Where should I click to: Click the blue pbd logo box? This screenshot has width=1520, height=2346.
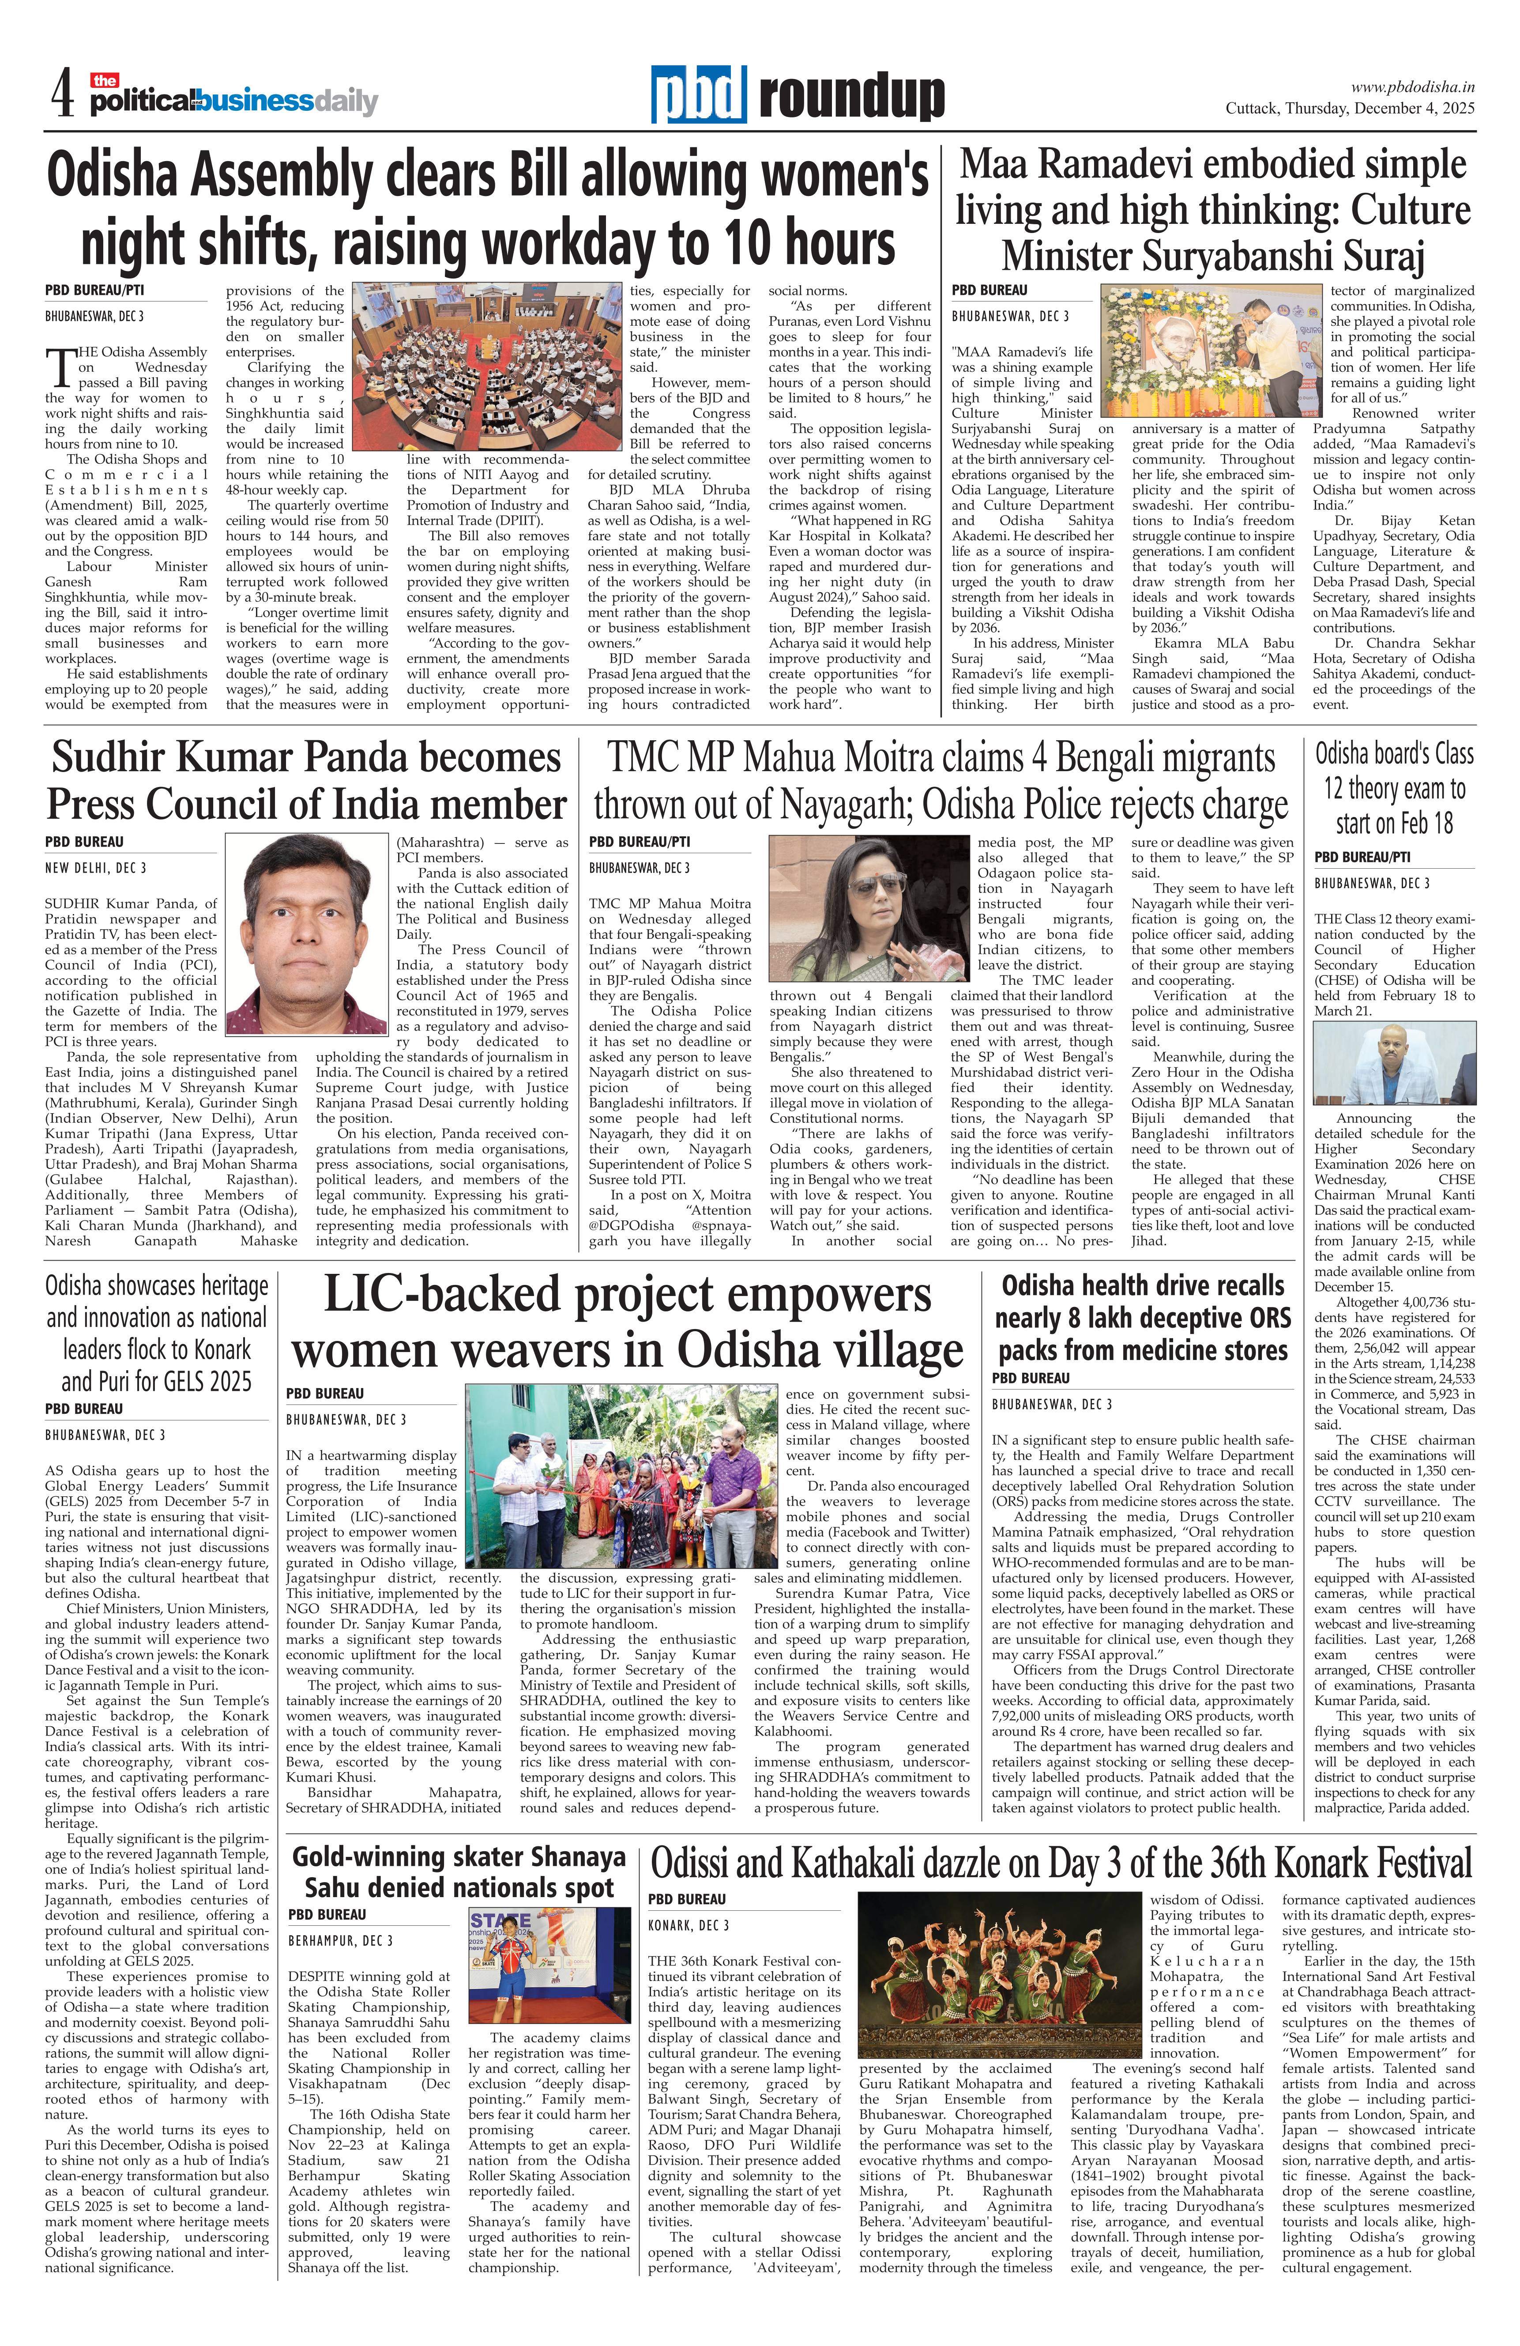pos(698,94)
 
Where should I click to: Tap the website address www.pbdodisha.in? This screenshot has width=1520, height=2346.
pos(1411,87)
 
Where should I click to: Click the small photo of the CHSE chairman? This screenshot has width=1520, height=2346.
pos(1394,1066)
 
